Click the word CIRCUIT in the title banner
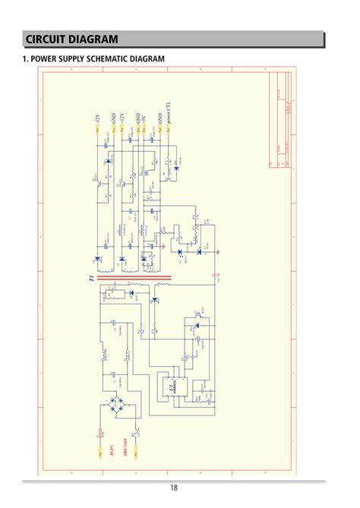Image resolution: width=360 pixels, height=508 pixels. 50,39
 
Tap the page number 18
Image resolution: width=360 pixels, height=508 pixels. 174,488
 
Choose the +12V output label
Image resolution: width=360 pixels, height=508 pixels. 122,118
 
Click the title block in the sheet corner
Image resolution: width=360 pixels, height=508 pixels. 280,121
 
